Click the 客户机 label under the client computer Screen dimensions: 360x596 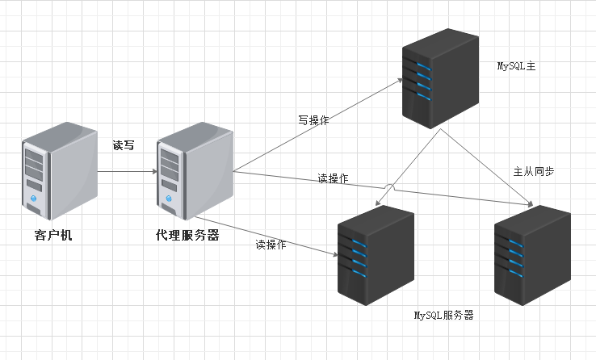[59, 237]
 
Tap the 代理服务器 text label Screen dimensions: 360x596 [187, 237]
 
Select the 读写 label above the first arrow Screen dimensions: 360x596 [124, 146]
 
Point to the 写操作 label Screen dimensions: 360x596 [313, 120]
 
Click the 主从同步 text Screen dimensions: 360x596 [533, 172]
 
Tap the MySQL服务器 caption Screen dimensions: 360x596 [443, 315]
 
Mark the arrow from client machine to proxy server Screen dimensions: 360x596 [125, 172]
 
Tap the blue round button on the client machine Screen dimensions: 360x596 [34, 198]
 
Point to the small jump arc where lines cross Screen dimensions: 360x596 [389, 187]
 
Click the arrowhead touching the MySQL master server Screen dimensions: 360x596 [398, 81]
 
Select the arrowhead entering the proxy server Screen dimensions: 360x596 [152, 172]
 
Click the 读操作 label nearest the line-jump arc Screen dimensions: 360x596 [333, 178]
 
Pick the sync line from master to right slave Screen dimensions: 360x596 [489, 166]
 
